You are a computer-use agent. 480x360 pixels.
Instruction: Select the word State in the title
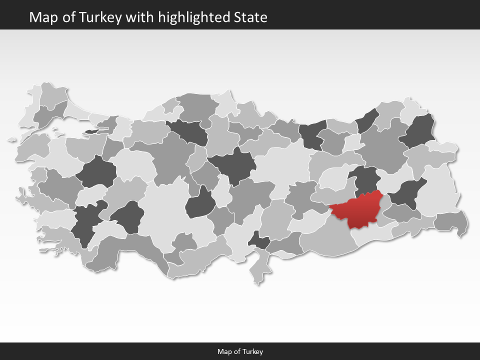[x=250, y=18]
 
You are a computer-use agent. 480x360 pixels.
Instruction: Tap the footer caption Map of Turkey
[x=240, y=351]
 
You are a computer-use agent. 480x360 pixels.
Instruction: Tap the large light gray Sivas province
[x=280, y=165]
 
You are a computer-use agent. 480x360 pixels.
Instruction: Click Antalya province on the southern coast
[x=135, y=250]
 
